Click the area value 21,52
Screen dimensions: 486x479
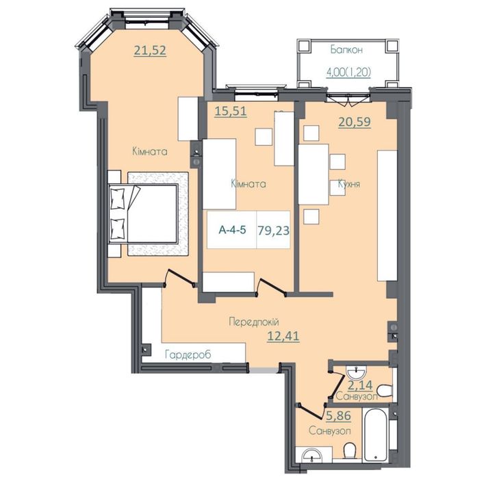click(150, 50)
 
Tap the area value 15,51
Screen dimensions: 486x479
click(231, 111)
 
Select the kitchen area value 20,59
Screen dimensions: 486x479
click(355, 122)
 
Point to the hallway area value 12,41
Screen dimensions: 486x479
click(283, 335)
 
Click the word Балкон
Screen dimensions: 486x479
click(346, 49)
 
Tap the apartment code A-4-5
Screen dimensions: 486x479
click(233, 230)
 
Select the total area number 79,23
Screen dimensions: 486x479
click(273, 230)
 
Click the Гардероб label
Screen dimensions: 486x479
click(188, 354)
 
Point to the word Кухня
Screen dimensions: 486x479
click(348, 183)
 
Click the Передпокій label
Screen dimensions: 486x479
click(254, 322)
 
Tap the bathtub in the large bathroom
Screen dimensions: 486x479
click(375, 435)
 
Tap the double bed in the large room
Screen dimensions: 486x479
click(143, 213)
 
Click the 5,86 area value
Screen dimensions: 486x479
click(338, 415)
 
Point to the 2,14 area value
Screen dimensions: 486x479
click(360, 385)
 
